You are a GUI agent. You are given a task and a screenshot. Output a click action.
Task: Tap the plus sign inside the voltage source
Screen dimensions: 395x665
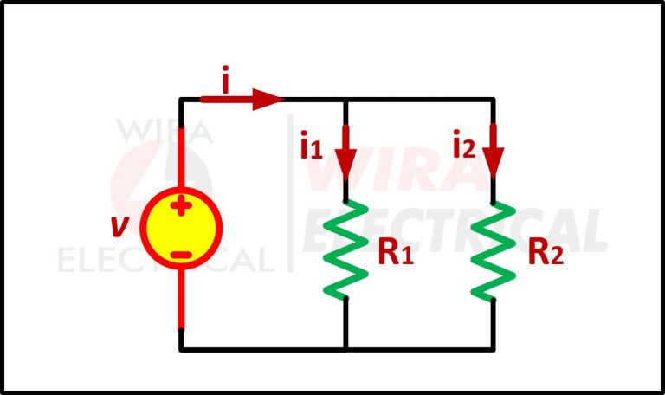pyautogui.click(x=181, y=206)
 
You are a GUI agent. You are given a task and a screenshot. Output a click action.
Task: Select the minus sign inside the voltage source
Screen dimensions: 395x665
pyautogui.click(x=181, y=254)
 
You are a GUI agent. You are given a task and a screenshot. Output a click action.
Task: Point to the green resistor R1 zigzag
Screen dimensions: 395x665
pyautogui.click(x=345, y=249)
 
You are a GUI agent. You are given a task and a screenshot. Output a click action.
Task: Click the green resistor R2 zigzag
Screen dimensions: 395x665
pyautogui.click(x=494, y=249)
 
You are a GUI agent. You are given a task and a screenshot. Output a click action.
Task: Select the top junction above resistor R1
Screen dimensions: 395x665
pyautogui.click(x=345, y=99)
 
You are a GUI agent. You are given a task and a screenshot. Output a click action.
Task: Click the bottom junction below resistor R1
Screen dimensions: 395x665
pyautogui.click(x=345, y=349)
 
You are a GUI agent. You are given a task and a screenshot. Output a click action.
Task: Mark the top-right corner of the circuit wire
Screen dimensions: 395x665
pyautogui.click(x=494, y=99)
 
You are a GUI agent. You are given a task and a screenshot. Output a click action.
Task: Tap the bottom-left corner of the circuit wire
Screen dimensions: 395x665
pyautogui.click(x=181, y=349)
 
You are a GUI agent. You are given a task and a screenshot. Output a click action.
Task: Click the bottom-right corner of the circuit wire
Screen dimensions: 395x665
pyautogui.click(x=494, y=349)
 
